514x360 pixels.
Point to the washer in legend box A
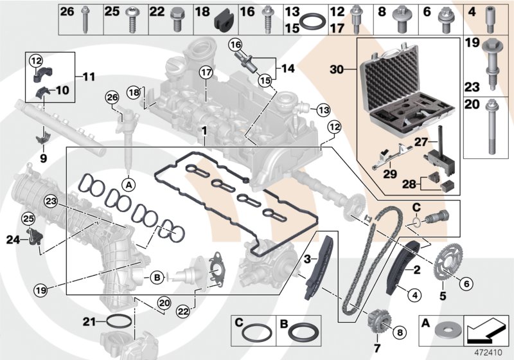(444, 332)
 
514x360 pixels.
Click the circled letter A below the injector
(128, 185)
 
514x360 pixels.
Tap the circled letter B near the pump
(155, 278)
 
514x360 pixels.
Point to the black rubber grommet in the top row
(222, 25)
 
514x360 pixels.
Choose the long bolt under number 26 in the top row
(85, 26)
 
